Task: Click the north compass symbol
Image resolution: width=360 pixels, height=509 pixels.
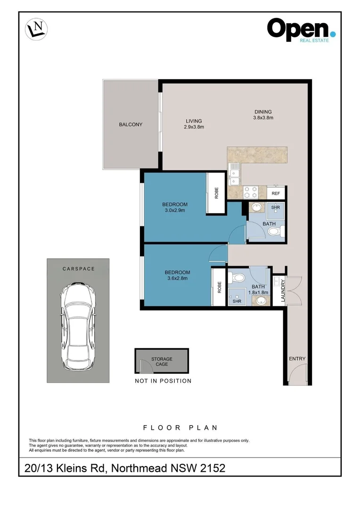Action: pos(36,29)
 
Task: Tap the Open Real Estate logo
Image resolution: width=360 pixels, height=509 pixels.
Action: pos(301,30)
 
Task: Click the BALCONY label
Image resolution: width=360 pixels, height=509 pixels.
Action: pos(131,124)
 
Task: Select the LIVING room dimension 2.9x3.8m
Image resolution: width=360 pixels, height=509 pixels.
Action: pos(194,127)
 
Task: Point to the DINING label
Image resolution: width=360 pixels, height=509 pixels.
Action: pos(263,112)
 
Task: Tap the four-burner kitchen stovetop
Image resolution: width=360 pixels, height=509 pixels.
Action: pos(251,192)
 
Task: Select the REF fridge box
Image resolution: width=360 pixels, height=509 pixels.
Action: pos(276,193)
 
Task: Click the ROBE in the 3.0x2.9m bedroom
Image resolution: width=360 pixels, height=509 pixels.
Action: pos(216,193)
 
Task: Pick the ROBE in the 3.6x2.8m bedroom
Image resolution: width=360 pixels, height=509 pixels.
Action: pos(219,287)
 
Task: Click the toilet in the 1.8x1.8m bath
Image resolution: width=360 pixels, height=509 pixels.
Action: pos(237,278)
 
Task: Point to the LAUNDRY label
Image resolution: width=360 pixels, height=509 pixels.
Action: pos(283,290)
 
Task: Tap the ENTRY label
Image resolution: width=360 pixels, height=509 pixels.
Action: pos(297,358)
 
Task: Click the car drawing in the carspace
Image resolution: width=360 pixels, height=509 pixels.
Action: pos(78,327)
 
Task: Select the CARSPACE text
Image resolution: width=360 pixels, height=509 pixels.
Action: pos(79,269)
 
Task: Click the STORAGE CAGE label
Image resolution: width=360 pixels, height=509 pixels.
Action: pos(162,361)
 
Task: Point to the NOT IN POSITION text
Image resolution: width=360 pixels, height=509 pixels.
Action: pos(163,381)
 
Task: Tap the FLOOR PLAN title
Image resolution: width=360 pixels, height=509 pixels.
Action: pos(180,427)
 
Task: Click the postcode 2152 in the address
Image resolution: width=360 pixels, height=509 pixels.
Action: pos(213,468)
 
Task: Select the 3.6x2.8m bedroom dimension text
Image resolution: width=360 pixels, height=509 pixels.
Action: pos(177,278)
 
